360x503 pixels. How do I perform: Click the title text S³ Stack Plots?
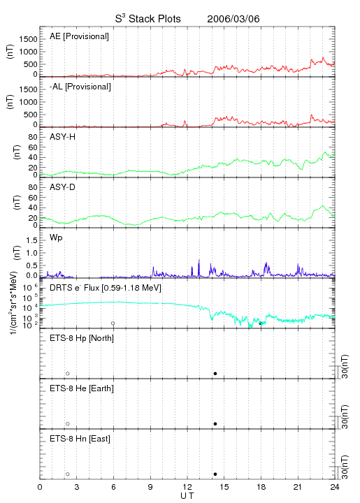148,19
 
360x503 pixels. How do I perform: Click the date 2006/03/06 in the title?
233,19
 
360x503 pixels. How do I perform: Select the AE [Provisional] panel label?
79,36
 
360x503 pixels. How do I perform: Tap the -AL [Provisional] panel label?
80,87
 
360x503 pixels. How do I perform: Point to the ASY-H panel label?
63,137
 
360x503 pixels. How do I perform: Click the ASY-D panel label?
63,187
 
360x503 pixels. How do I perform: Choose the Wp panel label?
56,238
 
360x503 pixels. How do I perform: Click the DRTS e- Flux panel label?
106,288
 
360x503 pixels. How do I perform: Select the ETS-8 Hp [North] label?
82,338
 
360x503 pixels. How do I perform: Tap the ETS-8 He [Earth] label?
82,388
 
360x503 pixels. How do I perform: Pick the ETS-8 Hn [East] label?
80,439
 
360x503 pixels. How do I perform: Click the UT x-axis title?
187,496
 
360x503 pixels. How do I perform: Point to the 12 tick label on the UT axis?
187,487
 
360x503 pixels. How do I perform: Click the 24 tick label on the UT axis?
335,487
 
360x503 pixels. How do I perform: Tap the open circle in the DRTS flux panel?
113,323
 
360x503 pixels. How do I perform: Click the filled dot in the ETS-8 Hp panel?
215,373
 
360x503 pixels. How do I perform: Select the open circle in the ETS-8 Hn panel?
68,474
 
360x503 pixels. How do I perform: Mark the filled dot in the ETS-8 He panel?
215,424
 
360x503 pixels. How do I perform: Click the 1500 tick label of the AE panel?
28,39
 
